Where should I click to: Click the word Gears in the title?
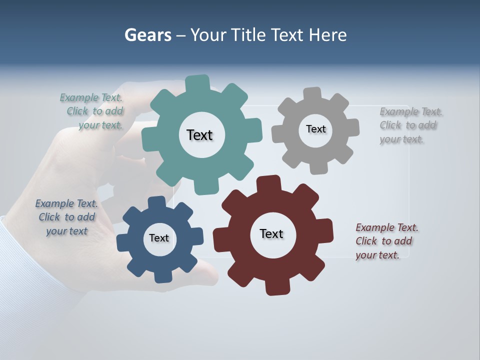148,35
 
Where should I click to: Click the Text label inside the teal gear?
199,135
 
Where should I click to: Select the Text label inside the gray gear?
315,129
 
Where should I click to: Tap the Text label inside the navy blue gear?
159,238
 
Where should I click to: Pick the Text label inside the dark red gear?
271,233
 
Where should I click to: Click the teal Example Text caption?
92,111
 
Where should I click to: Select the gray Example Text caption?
410,125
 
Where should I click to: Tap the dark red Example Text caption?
386,241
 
